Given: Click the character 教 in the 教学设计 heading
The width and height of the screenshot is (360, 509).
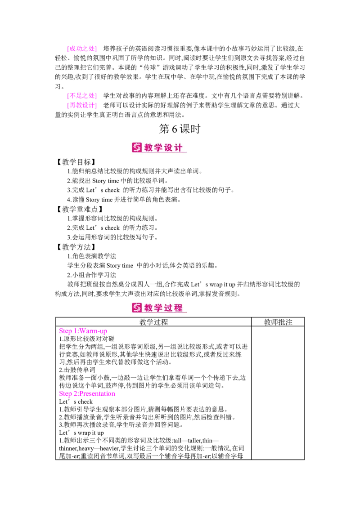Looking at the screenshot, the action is point(149,148).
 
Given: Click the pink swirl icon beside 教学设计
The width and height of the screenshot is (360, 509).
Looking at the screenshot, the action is point(137,147).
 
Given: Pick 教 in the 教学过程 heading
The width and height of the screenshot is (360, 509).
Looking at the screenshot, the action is point(149,308).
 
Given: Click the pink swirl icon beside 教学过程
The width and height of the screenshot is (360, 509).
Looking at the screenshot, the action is point(137,308).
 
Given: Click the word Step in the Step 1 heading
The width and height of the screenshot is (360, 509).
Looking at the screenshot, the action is point(65,331).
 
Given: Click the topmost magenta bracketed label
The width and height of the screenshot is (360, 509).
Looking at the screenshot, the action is point(81,49).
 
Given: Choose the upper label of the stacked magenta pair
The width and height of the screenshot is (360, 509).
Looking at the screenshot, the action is point(81,95).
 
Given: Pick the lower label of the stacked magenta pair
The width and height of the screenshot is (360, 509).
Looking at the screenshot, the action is point(81,106).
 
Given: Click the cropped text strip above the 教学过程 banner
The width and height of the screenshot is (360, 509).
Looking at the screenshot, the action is point(180,296).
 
